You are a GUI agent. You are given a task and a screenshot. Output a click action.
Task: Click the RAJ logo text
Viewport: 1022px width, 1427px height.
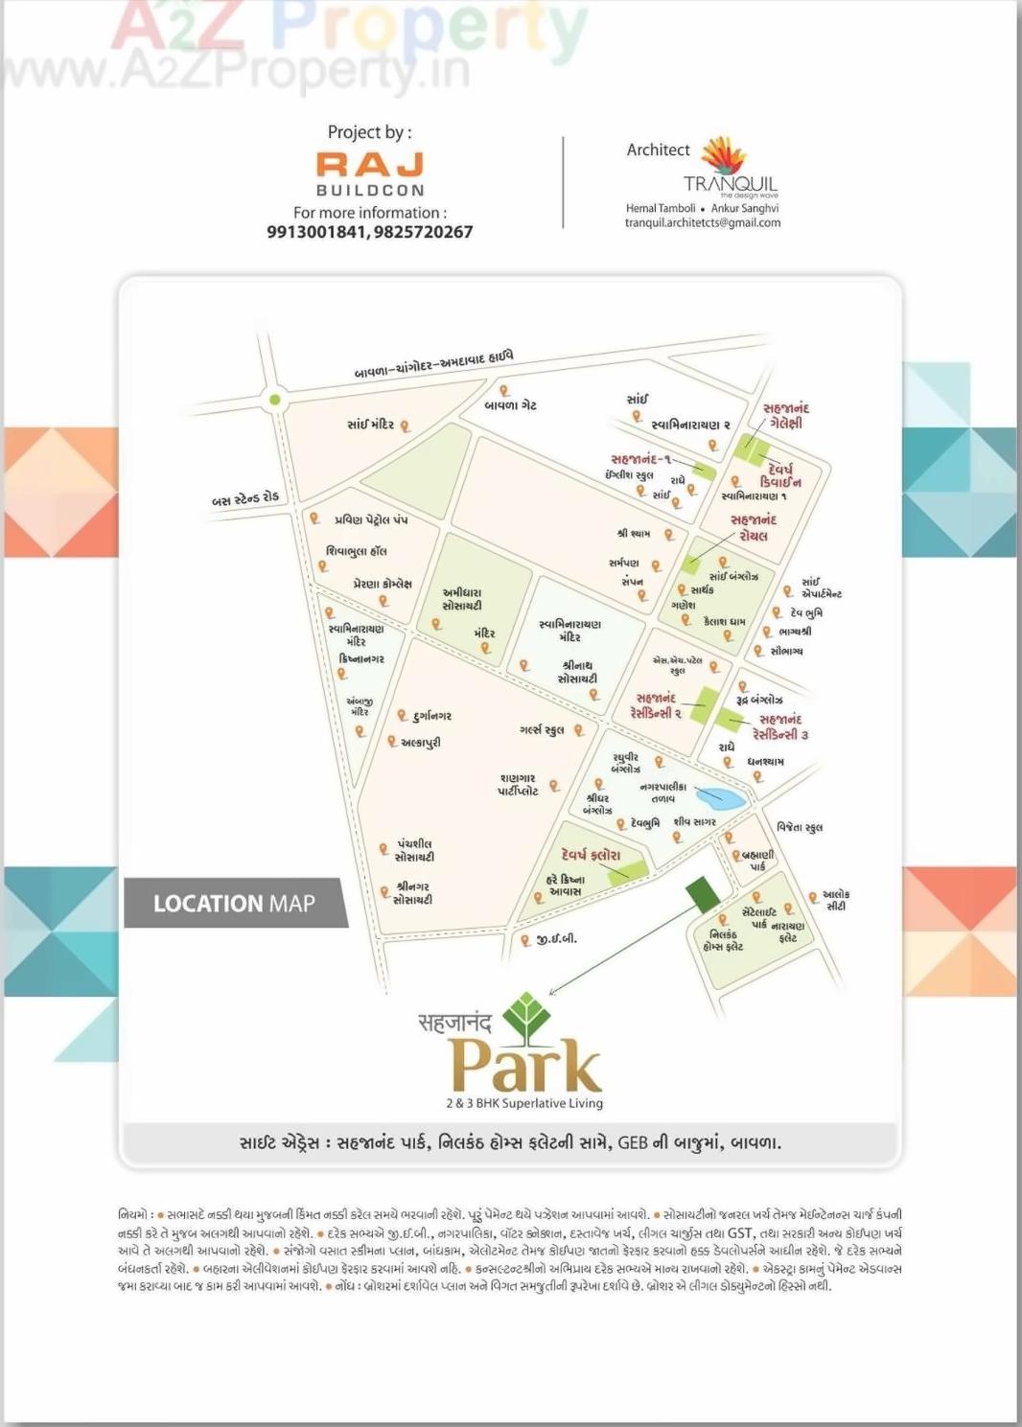(x=370, y=164)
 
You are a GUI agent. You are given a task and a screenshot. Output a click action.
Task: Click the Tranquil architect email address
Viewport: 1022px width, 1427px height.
(x=702, y=223)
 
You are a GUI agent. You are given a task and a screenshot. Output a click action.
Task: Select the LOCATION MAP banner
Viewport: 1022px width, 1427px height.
(x=234, y=903)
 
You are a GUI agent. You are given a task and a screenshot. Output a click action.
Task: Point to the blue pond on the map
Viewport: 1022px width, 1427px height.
(x=721, y=796)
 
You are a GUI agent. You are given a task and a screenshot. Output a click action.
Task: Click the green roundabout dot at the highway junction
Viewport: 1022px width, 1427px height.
(x=275, y=400)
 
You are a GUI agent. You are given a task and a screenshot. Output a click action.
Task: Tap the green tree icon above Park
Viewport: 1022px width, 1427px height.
(x=526, y=1017)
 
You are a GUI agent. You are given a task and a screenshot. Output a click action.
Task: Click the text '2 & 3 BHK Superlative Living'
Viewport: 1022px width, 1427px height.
(x=524, y=1103)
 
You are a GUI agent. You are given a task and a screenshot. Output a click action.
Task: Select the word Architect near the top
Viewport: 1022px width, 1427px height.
(x=658, y=150)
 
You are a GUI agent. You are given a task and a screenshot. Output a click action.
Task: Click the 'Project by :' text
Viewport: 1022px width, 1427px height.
(x=369, y=132)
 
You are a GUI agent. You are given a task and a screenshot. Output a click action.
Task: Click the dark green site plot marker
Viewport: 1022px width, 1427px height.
(x=703, y=893)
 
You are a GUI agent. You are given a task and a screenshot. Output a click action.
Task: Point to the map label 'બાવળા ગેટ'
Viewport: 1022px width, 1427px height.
(x=510, y=406)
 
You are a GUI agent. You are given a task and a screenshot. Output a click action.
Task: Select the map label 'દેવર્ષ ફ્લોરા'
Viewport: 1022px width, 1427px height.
(x=591, y=855)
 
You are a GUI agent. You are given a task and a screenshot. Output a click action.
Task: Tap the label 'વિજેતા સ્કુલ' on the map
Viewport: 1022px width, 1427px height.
(x=799, y=827)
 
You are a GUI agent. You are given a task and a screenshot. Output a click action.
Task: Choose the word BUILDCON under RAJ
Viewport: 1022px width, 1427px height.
(x=370, y=191)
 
